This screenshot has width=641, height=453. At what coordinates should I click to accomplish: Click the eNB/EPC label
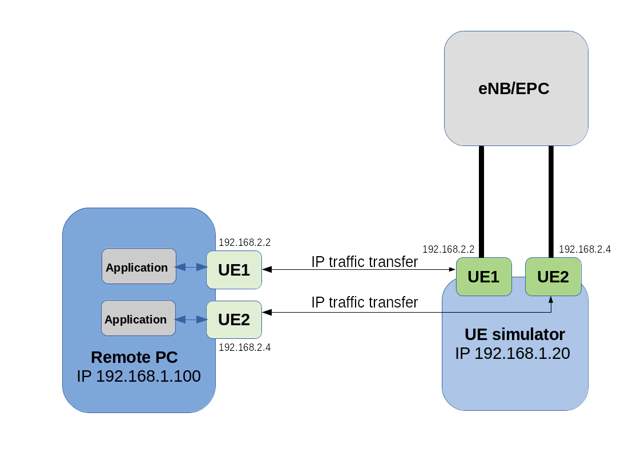(513, 89)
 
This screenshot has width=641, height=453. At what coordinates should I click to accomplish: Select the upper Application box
(139, 266)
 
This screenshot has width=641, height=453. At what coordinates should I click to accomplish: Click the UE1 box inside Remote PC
(234, 269)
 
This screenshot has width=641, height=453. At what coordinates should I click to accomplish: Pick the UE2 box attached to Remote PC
(234, 319)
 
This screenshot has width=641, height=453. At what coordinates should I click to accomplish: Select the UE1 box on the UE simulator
(483, 277)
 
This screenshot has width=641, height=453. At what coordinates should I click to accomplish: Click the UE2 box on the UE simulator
(553, 277)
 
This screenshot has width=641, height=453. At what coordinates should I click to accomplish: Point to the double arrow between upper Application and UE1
(191, 267)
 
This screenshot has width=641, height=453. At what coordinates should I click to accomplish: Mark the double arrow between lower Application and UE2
(191, 319)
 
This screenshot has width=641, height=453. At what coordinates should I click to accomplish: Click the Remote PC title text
(134, 358)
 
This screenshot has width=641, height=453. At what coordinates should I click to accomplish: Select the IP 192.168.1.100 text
(139, 377)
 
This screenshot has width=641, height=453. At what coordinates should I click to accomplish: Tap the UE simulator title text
(514, 334)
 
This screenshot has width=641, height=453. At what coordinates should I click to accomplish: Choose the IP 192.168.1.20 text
(512, 353)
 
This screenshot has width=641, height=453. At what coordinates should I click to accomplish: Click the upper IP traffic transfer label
(365, 262)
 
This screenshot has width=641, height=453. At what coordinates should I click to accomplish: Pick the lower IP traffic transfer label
(365, 302)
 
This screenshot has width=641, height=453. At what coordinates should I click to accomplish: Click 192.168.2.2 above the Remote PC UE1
(244, 242)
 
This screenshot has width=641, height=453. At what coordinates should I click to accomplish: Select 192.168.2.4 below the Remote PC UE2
(244, 347)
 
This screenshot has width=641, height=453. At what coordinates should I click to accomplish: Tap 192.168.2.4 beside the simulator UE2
(584, 249)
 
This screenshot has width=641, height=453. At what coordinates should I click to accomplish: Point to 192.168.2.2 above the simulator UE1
(448, 249)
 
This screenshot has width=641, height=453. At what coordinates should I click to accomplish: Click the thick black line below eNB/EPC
(551, 200)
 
